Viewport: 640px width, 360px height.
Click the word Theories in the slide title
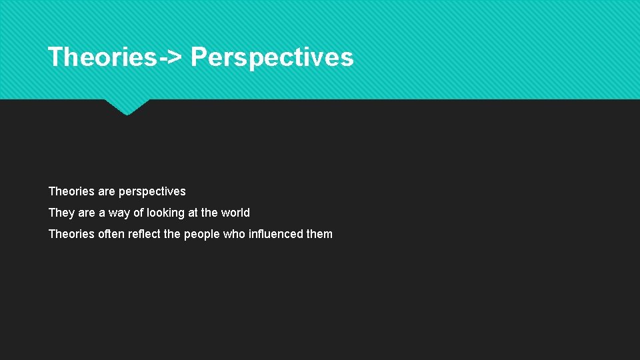pyautogui.click(x=102, y=57)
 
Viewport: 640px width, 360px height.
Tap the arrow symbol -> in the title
pyautogui.click(x=169, y=58)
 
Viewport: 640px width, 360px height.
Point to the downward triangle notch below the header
pyautogui.click(x=127, y=107)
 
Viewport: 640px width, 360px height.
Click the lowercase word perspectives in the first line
pyautogui.click(x=152, y=192)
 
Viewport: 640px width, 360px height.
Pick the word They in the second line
pyautogui.click(x=61, y=213)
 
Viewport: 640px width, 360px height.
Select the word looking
pyautogui.click(x=167, y=213)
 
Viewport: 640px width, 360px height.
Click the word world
pyautogui.click(x=235, y=213)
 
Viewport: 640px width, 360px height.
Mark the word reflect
pyautogui.click(x=145, y=234)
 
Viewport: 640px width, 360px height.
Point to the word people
pyautogui.click(x=201, y=235)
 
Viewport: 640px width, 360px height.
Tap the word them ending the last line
pyautogui.click(x=319, y=234)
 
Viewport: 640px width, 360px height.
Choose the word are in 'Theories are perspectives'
pyautogui.click(x=107, y=192)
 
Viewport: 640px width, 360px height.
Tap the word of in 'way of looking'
pyautogui.click(x=139, y=213)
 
